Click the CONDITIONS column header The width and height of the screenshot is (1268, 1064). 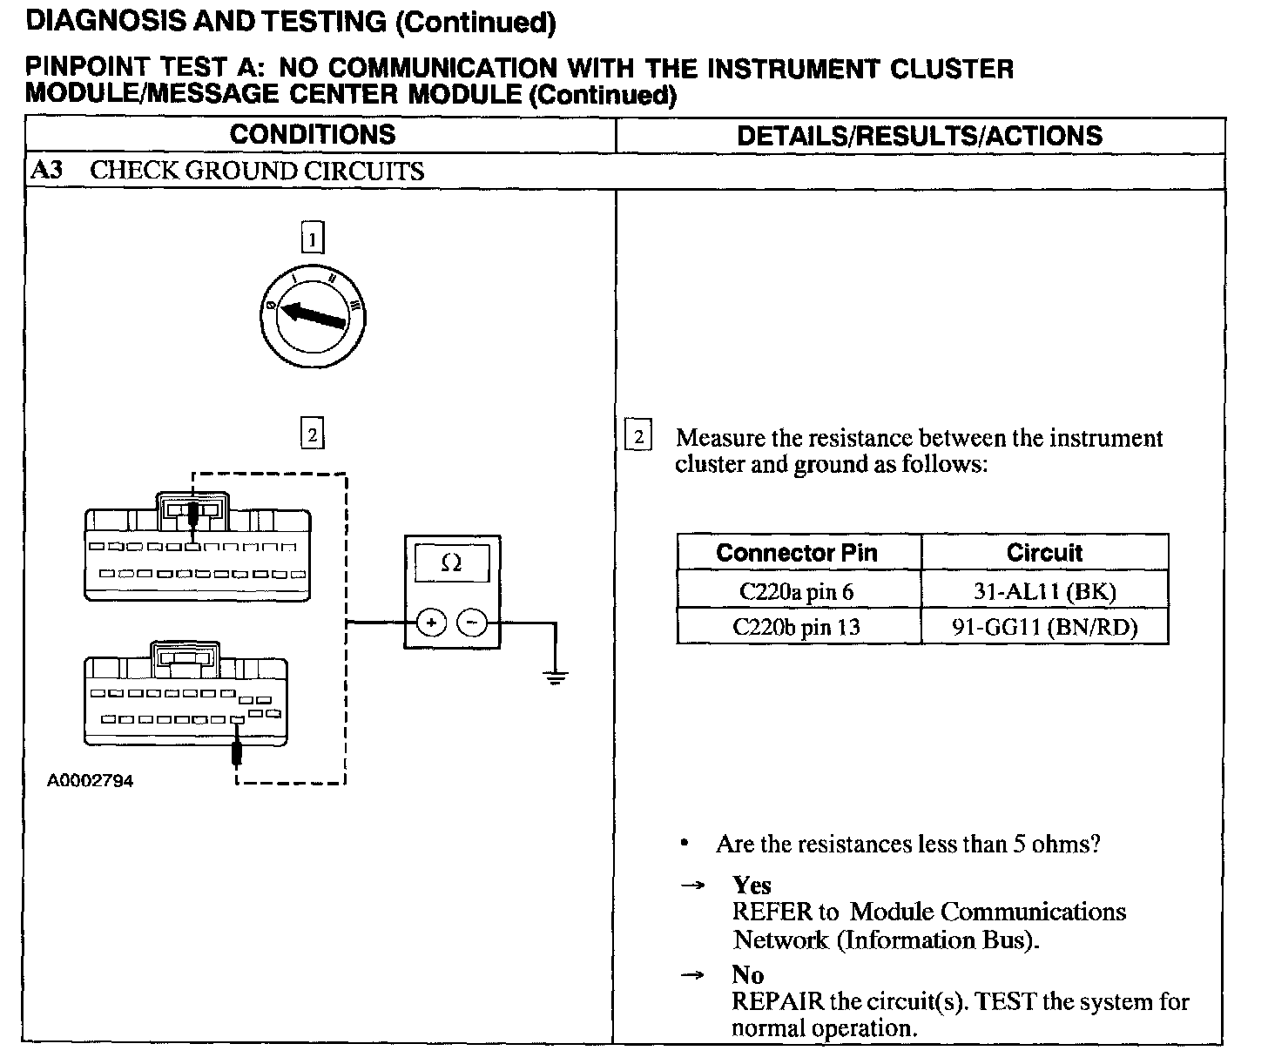pos(313,134)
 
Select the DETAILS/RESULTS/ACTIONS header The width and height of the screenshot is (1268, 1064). pos(919,136)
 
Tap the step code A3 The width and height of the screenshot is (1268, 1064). pos(47,170)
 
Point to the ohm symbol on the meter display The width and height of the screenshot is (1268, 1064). pos(451,563)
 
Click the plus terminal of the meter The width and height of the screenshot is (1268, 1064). pos(431,622)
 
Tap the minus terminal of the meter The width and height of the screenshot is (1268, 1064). pos(472,622)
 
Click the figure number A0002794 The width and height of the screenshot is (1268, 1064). pos(91,781)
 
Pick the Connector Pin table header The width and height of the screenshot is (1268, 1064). pos(797,553)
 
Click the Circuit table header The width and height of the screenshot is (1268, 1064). pos(1044,553)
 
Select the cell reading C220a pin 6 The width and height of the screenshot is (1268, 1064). pos(797,592)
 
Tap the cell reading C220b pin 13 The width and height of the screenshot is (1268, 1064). pos(797,627)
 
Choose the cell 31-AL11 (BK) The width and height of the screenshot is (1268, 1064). pos(1044,592)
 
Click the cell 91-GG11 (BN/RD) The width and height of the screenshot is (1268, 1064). pos(1044,627)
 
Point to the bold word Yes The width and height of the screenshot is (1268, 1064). pos(752,886)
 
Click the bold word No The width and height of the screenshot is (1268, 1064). pos(747,974)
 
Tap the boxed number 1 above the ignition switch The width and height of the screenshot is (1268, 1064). pos(312,238)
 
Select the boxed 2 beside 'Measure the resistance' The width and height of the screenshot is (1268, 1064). pos(638,436)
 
